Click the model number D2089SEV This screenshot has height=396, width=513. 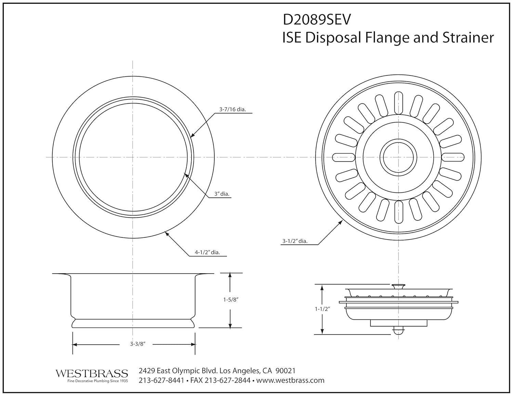pos(316,20)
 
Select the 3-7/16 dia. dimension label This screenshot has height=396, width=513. pos(233,110)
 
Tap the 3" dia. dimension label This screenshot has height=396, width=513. pos(222,194)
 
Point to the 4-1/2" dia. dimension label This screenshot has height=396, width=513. pos(207,252)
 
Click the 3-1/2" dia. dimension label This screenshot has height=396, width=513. pos(295,241)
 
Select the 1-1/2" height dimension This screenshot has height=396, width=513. pos(322,309)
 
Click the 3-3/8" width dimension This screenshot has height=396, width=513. pos(138,344)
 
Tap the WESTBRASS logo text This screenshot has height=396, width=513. pos(92,373)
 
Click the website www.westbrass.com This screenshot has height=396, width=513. pos(290,380)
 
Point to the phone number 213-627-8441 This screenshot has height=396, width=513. pos(161,380)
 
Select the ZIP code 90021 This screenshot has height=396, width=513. pos(285,371)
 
